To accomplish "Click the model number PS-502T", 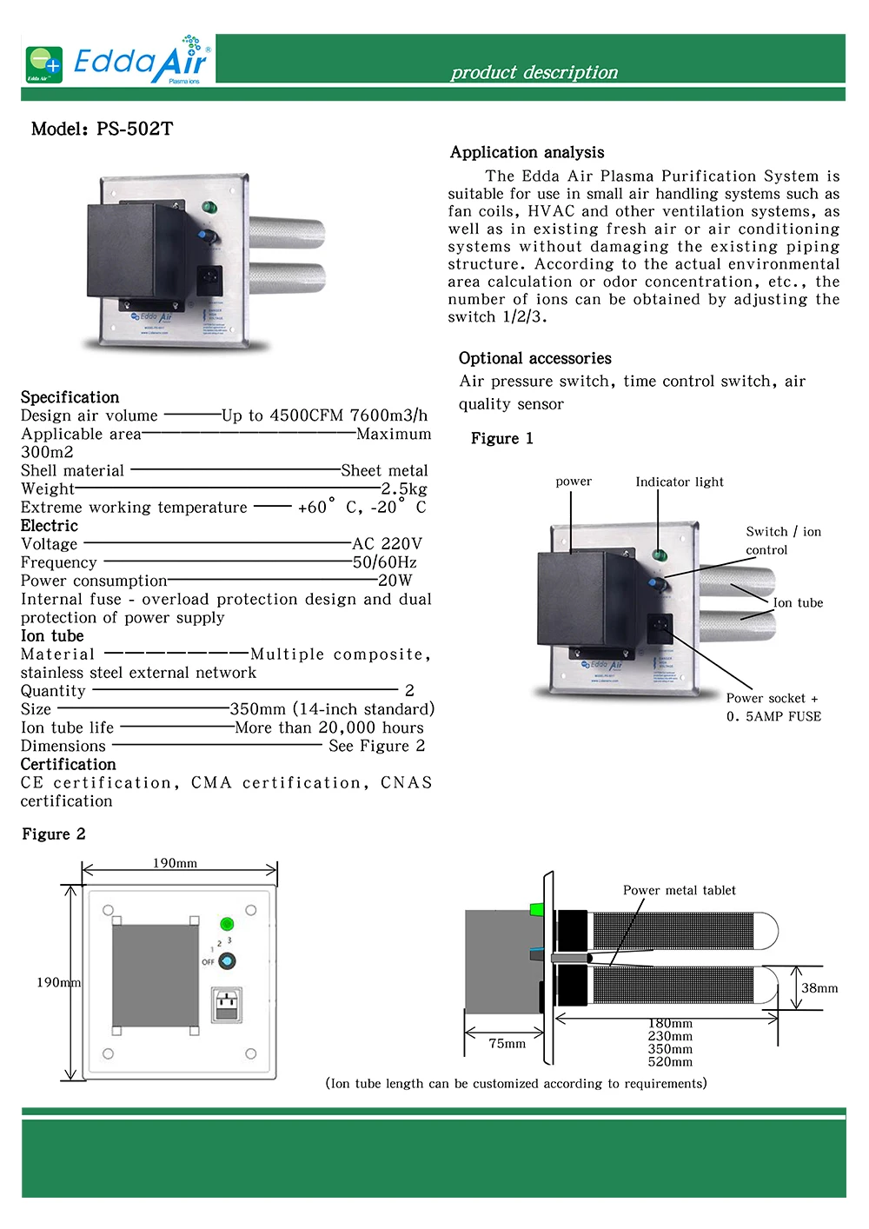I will point(135,130).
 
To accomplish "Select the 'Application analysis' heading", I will point(527,152).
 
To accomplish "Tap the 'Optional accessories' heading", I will point(534,358).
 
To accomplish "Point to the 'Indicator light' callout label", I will point(679,482).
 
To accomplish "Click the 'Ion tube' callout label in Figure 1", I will point(798,602).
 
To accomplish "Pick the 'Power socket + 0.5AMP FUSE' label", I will point(773,708).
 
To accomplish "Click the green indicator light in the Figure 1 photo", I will point(660,555).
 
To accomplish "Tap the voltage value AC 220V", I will point(387,544).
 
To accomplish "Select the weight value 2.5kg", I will point(404,488).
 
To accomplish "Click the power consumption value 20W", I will point(395,581).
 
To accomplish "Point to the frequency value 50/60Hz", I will point(384,562).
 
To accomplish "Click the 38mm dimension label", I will point(819,988).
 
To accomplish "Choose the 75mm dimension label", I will point(507,1043).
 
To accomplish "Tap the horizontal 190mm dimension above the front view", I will point(175,863).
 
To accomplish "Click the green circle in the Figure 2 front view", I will point(227,924).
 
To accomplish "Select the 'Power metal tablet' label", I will point(679,890).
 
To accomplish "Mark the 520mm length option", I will point(670,1062).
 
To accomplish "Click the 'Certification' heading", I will point(68,764).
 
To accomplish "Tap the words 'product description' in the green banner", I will point(534,72).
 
